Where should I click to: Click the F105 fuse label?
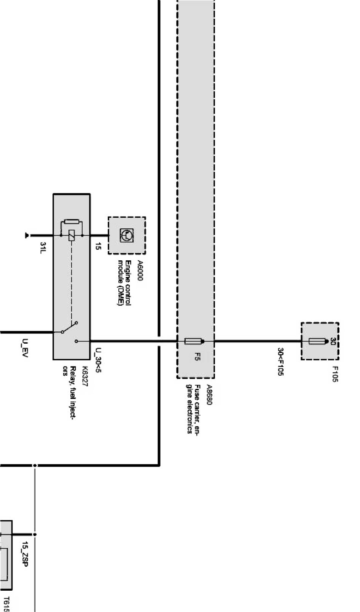(x=335, y=374)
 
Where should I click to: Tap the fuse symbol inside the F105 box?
(x=317, y=341)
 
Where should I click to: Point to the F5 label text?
(x=197, y=357)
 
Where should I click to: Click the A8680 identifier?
(x=209, y=395)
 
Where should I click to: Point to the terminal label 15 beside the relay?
(x=98, y=246)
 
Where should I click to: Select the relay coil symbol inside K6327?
(x=72, y=236)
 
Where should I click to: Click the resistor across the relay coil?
(x=72, y=222)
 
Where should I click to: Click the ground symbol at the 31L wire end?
(x=27, y=236)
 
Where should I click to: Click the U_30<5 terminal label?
(x=99, y=360)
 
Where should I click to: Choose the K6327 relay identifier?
(x=85, y=376)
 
